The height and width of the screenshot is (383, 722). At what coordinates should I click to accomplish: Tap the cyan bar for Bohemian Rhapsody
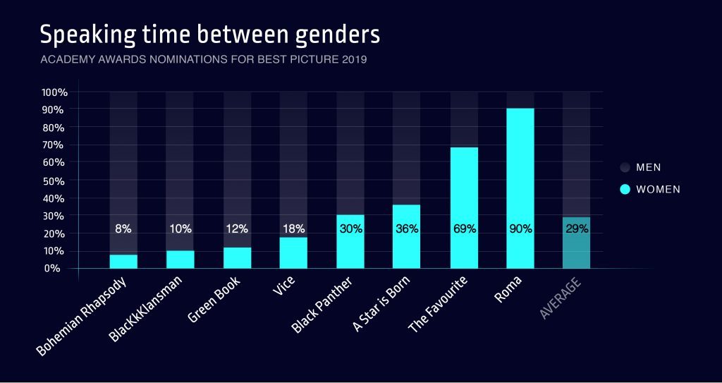tap(123, 261)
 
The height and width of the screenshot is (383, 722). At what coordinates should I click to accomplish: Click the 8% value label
tap(123, 229)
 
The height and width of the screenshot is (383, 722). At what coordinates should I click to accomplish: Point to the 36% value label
tap(408, 229)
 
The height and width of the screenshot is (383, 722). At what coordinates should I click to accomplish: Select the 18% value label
tap(293, 229)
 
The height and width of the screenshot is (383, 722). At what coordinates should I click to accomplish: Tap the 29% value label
tap(576, 229)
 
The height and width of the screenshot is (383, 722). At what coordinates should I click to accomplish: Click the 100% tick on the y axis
tap(54, 92)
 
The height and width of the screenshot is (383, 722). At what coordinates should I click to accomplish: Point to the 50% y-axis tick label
tap(56, 181)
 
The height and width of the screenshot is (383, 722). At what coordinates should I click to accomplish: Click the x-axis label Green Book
tap(214, 300)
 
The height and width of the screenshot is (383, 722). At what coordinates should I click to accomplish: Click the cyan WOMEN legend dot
tap(625, 189)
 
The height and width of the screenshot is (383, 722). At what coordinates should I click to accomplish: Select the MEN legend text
tap(649, 167)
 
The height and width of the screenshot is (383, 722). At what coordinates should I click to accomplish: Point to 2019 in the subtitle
tap(353, 60)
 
